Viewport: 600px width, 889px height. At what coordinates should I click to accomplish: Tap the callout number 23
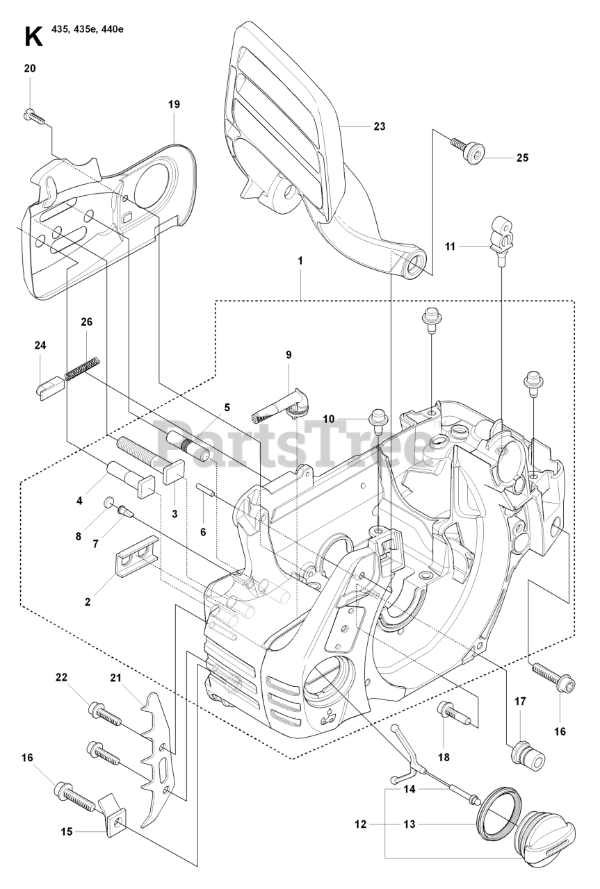(379, 126)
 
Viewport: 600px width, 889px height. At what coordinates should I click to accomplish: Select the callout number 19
(173, 104)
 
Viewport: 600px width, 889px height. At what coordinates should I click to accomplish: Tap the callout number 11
(449, 246)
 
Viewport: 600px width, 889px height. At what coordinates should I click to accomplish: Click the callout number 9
(288, 355)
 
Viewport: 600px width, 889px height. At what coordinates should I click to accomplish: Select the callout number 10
(328, 418)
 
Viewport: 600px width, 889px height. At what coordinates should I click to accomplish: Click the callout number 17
(519, 701)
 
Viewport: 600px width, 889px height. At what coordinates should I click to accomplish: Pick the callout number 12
(359, 824)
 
